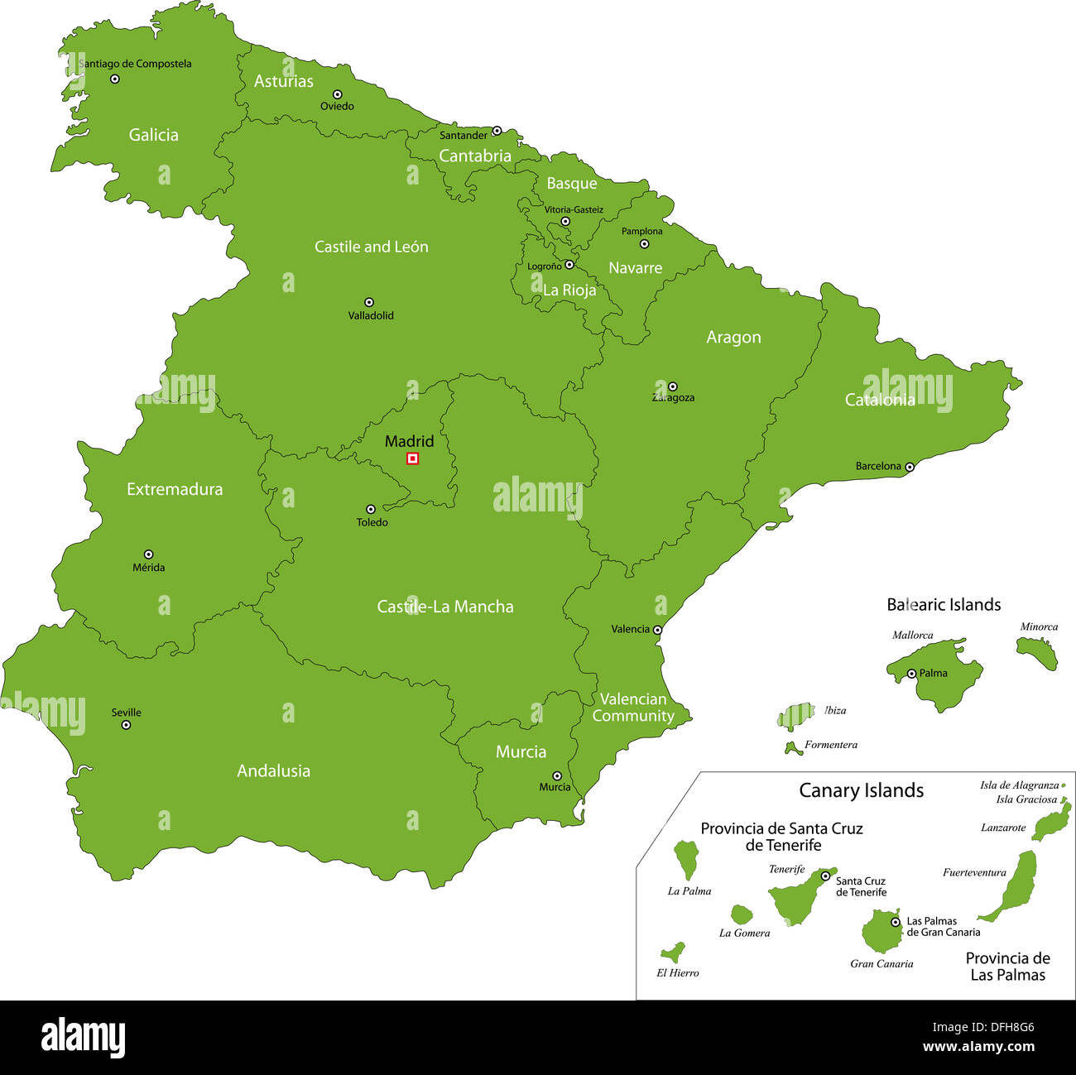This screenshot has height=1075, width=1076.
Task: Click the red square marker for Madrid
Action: [x=412, y=458]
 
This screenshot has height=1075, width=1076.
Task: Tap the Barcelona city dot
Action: [x=909, y=467]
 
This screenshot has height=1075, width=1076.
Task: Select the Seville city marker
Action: [x=126, y=725]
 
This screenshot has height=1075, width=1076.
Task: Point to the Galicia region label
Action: [x=153, y=135]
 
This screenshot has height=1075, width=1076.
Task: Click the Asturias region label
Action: [x=283, y=81]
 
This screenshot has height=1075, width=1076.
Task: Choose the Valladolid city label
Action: [x=371, y=315]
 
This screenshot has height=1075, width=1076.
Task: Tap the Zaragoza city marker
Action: [x=672, y=386]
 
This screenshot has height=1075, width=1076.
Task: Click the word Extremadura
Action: [x=175, y=489]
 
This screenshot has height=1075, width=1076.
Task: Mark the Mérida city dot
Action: [x=148, y=554]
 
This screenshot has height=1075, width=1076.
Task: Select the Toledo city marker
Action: [x=370, y=510]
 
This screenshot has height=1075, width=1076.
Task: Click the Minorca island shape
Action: [x=1037, y=652]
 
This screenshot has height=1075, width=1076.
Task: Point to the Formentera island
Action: [x=792, y=748]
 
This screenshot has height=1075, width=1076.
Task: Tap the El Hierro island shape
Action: [x=673, y=953]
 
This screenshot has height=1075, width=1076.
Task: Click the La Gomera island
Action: [x=742, y=914]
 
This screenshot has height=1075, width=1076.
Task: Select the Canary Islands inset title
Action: [x=861, y=790]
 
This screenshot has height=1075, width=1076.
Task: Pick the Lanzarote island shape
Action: [x=1051, y=822]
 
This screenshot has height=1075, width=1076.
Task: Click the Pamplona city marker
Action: [x=644, y=244]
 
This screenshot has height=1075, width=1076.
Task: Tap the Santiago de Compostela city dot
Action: [x=115, y=79]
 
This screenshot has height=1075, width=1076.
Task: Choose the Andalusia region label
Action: [x=273, y=770]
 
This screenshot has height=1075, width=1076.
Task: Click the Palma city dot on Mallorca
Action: [x=911, y=674]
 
